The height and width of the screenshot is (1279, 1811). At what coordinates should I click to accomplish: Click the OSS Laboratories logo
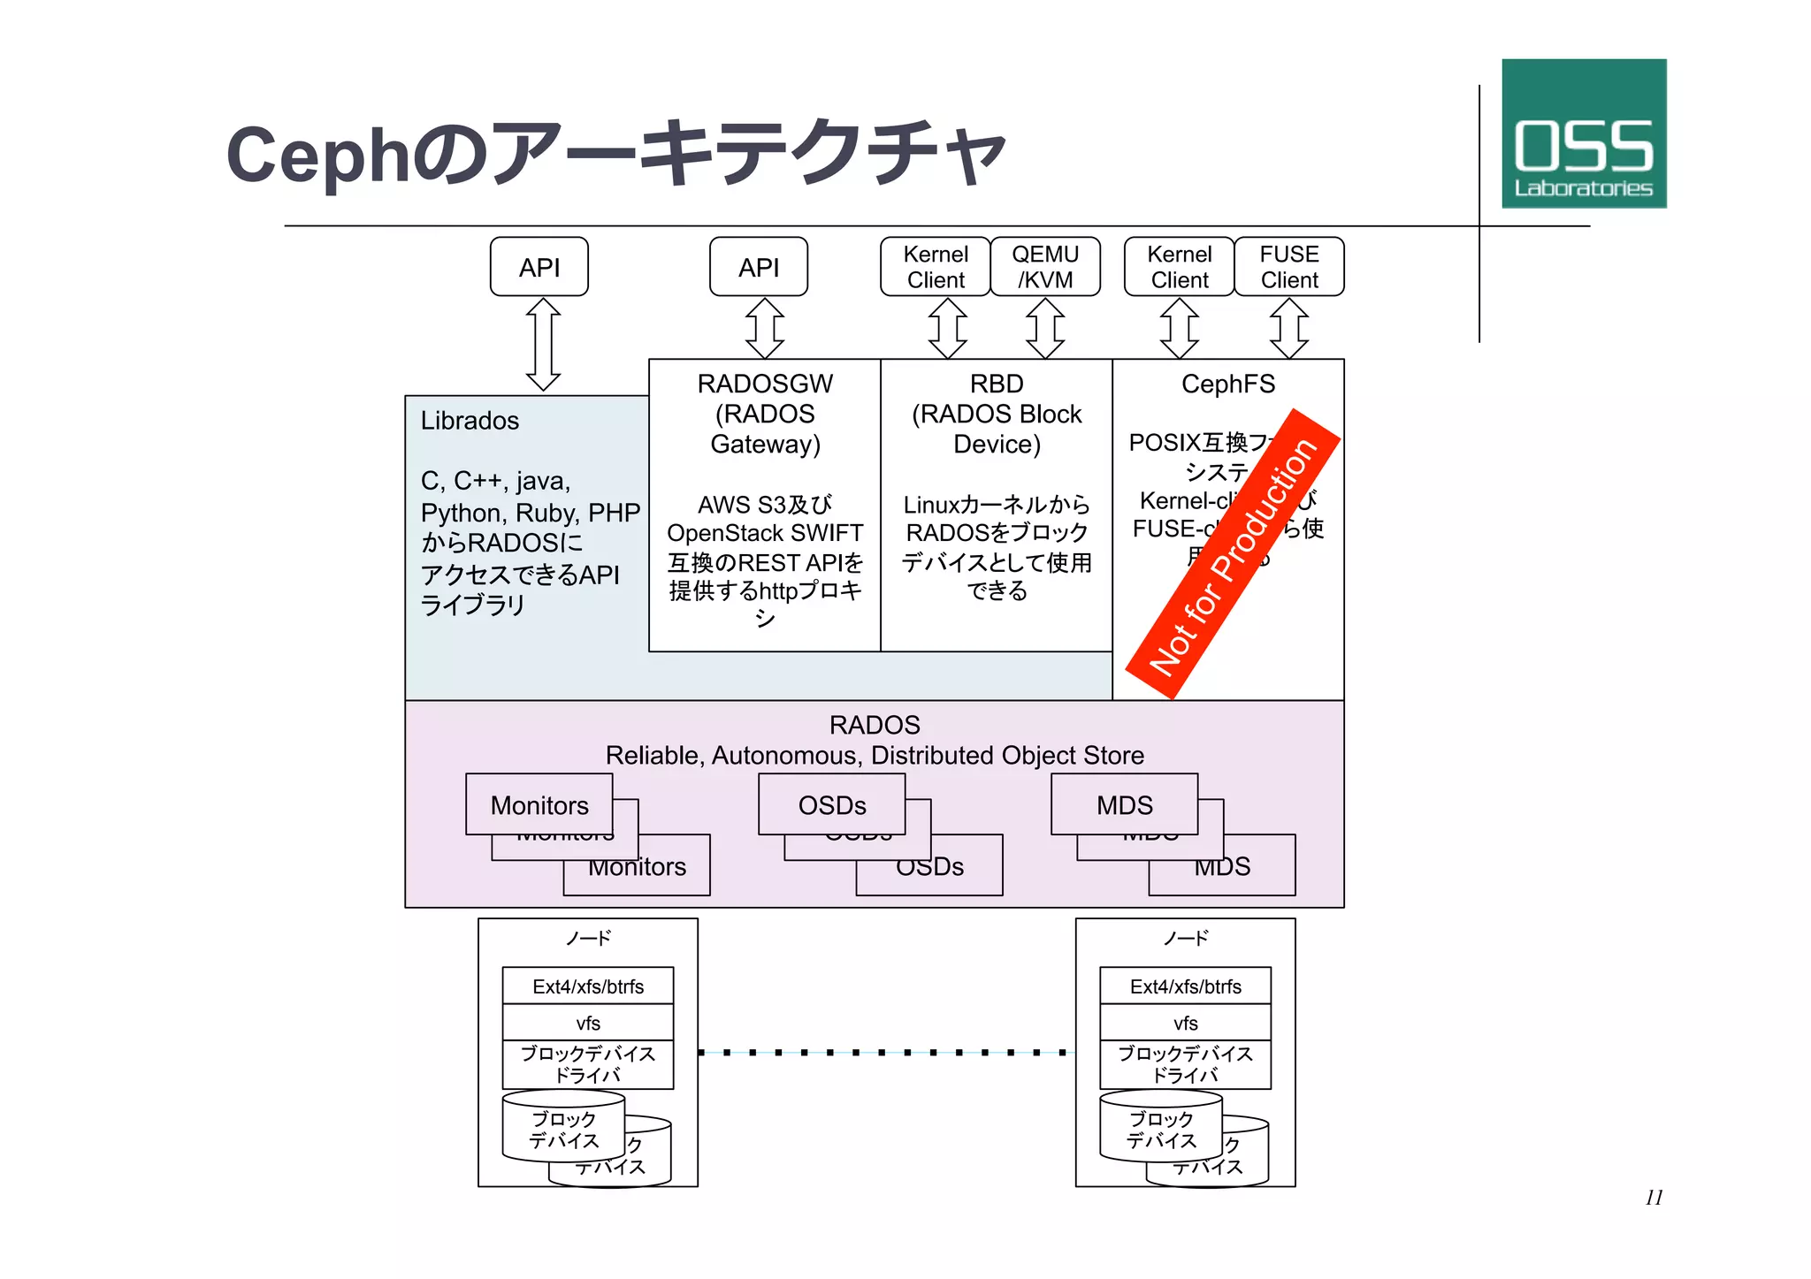click(x=1583, y=133)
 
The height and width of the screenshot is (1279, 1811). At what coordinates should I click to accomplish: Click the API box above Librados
click(x=539, y=267)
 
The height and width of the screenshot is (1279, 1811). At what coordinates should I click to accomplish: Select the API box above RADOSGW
click(x=758, y=267)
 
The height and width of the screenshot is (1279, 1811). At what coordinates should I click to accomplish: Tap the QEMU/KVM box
click(x=1045, y=267)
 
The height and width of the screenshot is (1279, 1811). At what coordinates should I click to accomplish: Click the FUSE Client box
click(x=1288, y=267)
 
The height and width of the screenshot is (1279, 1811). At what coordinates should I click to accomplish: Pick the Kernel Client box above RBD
click(x=936, y=267)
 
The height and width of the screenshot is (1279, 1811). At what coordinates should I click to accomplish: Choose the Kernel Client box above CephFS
click(x=1179, y=267)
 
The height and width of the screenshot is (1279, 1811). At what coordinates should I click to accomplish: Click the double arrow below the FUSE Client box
click(x=1288, y=328)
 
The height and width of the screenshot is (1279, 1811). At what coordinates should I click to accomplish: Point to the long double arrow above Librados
click(x=543, y=345)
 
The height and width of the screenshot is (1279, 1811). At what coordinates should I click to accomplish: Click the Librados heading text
click(x=470, y=421)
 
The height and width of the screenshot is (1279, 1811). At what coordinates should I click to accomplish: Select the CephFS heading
click(x=1227, y=384)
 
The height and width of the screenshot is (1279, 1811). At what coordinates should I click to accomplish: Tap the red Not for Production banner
click(x=1233, y=555)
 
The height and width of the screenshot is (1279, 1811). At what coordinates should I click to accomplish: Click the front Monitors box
click(x=539, y=804)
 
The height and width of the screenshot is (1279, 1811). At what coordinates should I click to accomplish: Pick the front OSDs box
click(x=831, y=804)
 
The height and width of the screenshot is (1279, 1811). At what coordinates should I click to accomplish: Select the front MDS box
click(x=1124, y=804)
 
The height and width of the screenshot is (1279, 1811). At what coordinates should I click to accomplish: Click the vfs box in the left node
click(x=587, y=1023)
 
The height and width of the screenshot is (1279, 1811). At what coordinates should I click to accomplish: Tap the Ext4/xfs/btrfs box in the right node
click(x=1185, y=986)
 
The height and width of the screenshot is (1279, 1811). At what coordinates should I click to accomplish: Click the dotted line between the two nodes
click(x=886, y=1053)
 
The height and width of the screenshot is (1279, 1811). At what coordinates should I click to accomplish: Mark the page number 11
click(x=1654, y=1198)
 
